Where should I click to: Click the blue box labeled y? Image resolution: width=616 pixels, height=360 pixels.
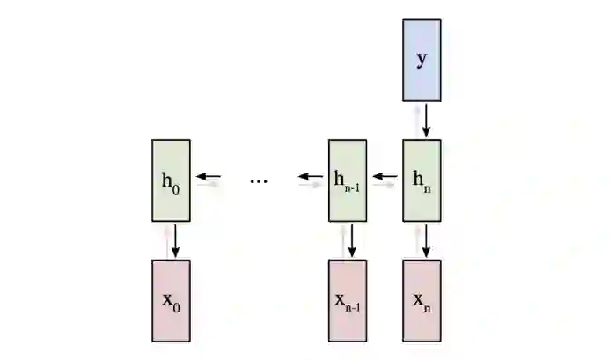click(422, 59)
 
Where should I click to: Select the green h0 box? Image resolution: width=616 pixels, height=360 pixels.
click(171, 180)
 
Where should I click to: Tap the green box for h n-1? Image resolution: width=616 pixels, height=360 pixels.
click(348, 180)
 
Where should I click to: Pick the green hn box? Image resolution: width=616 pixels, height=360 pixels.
click(422, 180)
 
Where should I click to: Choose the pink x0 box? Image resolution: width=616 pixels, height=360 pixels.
click(171, 299)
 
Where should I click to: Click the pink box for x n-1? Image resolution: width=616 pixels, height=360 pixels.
click(348, 299)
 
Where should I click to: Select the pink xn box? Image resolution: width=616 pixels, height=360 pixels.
click(422, 299)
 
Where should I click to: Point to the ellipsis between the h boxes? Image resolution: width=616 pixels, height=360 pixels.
click(258, 180)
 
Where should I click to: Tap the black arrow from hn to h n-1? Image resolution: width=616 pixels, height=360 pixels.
click(384, 176)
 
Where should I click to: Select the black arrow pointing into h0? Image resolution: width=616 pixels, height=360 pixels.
click(208, 176)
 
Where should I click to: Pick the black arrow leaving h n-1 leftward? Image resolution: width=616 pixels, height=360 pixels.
click(309, 176)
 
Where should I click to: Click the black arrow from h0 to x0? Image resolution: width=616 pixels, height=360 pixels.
click(176, 240)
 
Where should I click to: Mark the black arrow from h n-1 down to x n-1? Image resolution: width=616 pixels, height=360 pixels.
click(352, 240)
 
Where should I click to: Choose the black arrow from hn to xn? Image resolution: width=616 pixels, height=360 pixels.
click(426, 240)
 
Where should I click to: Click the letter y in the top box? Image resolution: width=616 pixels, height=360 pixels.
click(422, 60)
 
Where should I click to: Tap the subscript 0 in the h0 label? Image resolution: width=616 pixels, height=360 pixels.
click(176, 186)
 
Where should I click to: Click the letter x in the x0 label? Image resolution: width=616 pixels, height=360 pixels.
click(167, 298)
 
